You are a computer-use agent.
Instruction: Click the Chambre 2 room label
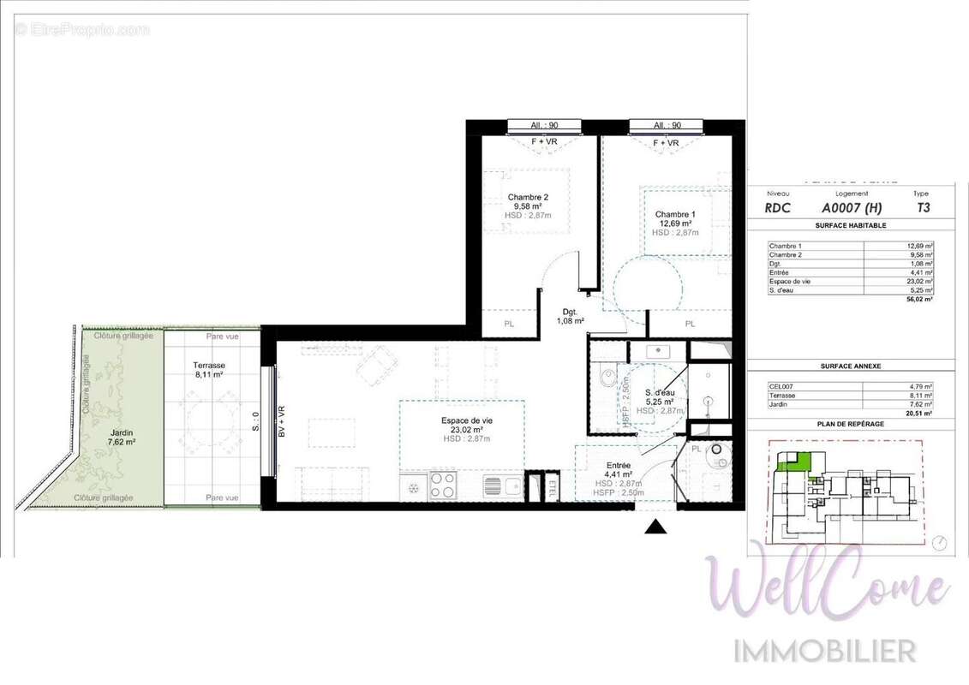pyautogui.click(x=527, y=197)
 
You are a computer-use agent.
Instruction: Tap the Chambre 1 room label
pyautogui.click(x=675, y=214)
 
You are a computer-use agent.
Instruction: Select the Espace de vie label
pyautogui.click(x=467, y=420)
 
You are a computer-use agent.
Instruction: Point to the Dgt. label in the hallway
pyautogui.click(x=571, y=312)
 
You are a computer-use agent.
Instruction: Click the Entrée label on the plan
pyautogui.click(x=618, y=465)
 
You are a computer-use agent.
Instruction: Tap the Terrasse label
pyautogui.click(x=210, y=365)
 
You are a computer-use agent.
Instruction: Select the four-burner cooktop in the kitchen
pyautogui.click(x=443, y=485)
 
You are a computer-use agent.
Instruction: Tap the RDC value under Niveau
pyautogui.click(x=779, y=207)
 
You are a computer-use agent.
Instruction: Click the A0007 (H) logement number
pyautogui.click(x=851, y=207)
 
